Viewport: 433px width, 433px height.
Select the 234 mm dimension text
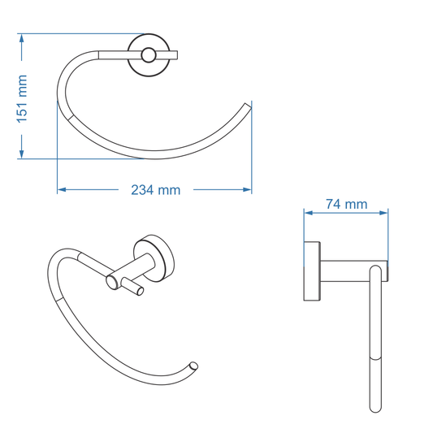155,190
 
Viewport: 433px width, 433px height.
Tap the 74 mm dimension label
346,205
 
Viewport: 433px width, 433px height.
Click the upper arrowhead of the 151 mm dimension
23,38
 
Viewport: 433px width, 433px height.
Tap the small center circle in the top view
148,55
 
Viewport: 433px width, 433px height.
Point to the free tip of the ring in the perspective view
193,365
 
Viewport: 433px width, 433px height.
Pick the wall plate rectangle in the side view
310,271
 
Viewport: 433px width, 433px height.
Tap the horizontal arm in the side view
349,271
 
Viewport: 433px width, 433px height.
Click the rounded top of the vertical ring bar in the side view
377,268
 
